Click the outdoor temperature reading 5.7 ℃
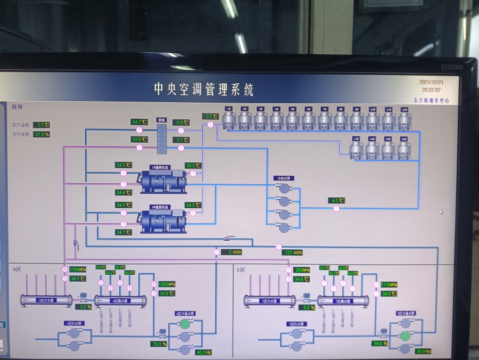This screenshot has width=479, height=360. (x=42, y=125)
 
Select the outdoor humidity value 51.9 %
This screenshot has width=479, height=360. (x=42, y=134)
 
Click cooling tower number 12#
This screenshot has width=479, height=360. (x=404, y=120)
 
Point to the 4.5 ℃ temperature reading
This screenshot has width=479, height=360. (x=336, y=201)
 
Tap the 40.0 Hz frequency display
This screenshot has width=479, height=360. (x=204, y=353)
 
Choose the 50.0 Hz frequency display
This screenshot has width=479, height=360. (x=423, y=351)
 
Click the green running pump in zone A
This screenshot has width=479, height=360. (x=185, y=324)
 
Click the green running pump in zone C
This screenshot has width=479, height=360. (x=406, y=336)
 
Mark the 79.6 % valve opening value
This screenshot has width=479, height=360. (x=158, y=344)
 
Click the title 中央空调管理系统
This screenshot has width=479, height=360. (x=204, y=89)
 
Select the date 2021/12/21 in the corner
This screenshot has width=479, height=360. (x=431, y=83)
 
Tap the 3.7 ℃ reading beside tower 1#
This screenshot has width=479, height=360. (x=210, y=116)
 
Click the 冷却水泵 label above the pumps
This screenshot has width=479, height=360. (x=284, y=178)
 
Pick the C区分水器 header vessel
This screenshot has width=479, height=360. (x=270, y=301)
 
